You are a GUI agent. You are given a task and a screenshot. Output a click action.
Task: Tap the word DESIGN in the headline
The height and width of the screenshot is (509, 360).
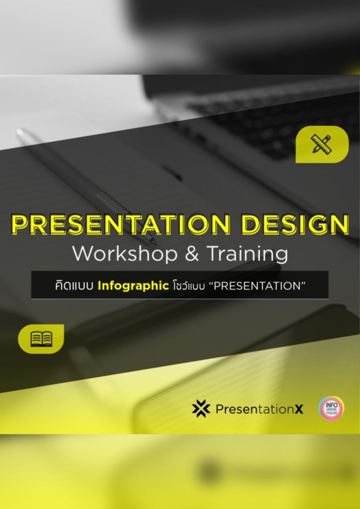click(x=297, y=225)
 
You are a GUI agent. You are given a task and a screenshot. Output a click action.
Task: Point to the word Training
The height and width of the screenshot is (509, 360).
click(x=247, y=254)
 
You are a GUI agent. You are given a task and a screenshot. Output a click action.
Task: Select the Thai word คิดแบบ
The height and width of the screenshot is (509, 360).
click(x=74, y=285)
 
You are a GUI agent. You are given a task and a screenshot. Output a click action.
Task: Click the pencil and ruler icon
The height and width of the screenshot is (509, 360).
click(x=321, y=144)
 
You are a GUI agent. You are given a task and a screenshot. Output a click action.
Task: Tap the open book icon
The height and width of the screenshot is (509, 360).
click(x=41, y=339)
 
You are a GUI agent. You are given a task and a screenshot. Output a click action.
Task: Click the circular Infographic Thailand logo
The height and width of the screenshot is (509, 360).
click(x=331, y=408)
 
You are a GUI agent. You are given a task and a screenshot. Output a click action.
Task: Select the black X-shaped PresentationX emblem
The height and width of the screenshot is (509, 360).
click(x=201, y=408)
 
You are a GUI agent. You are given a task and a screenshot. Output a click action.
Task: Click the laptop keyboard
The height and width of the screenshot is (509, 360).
click(x=270, y=112)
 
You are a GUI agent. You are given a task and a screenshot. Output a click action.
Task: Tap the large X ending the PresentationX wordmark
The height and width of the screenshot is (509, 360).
click(x=298, y=409)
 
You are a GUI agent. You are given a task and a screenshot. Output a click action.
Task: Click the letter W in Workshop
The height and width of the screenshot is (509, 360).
click(x=81, y=254)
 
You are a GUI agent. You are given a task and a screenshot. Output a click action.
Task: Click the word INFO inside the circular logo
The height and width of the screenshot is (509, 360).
click(x=332, y=404)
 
